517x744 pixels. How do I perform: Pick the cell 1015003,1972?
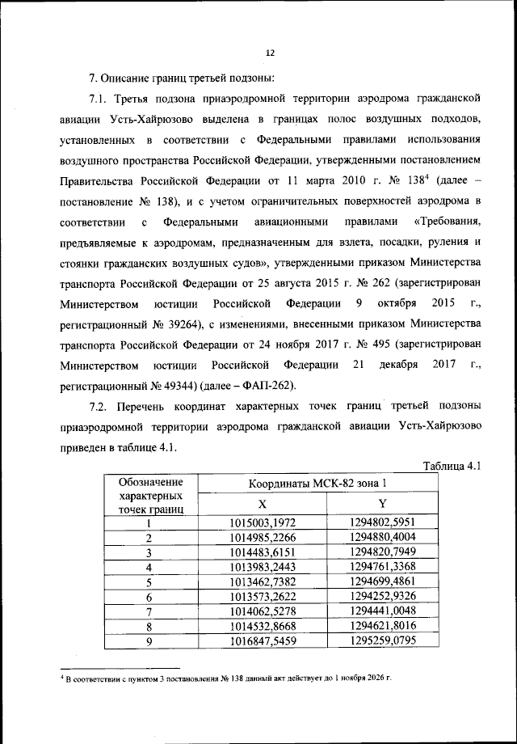click(x=263, y=522)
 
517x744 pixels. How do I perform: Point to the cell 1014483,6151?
click(x=263, y=552)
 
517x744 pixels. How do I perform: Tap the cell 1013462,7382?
click(x=263, y=581)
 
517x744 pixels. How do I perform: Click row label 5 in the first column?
click(x=149, y=581)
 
